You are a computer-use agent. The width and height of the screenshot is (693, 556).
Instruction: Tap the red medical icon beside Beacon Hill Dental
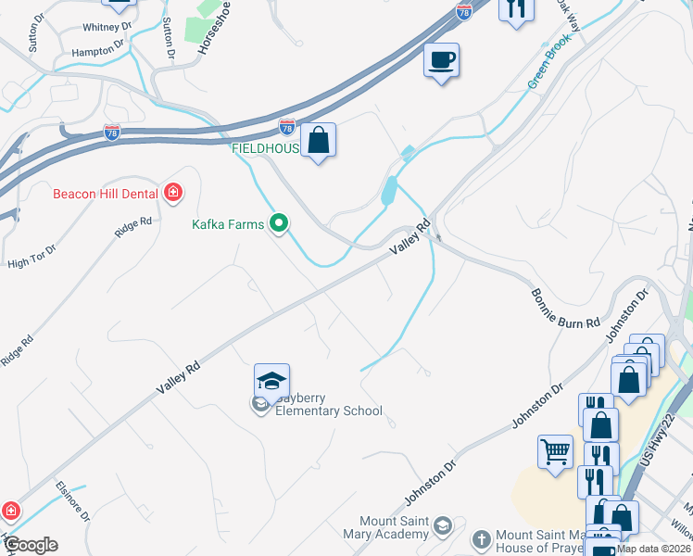pyautogui.click(x=172, y=193)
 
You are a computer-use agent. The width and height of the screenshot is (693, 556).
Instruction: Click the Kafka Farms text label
pyautogui.click(x=228, y=224)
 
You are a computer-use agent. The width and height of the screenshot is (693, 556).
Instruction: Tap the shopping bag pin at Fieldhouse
pyautogui.click(x=318, y=141)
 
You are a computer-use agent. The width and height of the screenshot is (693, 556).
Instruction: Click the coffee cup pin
pyautogui.click(x=441, y=61)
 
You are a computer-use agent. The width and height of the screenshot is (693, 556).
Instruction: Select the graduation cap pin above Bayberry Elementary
pyautogui.click(x=271, y=381)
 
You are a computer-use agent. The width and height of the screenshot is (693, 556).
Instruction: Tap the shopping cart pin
pyautogui.click(x=555, y=452)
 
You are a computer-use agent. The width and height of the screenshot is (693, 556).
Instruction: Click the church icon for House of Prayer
pyautogui.click(x=481, y=538)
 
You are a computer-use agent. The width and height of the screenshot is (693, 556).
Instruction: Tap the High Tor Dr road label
pyautogui.click(x=31, y=258)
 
